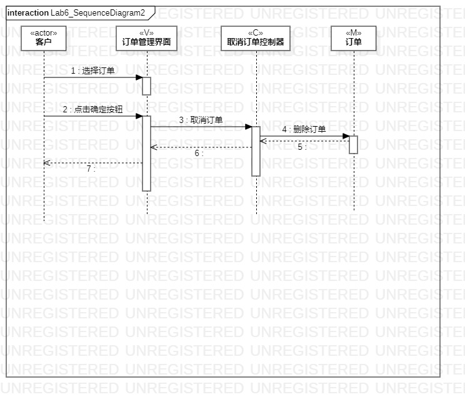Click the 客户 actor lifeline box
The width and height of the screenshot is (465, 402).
point(44,38)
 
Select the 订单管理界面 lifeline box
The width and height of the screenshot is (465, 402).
point(147,38)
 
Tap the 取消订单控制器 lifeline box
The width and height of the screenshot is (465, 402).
point(256,38)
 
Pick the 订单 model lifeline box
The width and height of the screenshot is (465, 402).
point(354,38)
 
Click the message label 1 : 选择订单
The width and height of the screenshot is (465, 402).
point(92,71)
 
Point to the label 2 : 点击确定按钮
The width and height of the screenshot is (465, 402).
point(92,110)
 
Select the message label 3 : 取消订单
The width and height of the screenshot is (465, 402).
point(201,120)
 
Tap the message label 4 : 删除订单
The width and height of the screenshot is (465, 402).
point(304,130)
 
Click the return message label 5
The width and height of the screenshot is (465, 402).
point(301,147)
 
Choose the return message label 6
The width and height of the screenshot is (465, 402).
point(199,154)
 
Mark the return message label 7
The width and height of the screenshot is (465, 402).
point(91,169)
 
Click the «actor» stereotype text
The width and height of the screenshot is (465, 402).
point(44,33)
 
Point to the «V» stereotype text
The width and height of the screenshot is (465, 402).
point(147,33)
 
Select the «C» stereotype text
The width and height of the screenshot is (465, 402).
point(256,33)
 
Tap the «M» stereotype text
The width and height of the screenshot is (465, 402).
point(354,33)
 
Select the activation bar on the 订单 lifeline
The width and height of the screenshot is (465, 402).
point(353,144)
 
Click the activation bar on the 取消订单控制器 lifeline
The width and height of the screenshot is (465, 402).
point(256,151)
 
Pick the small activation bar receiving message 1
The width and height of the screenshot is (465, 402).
point(146,86)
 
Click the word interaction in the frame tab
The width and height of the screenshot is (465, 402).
point(28,12)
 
